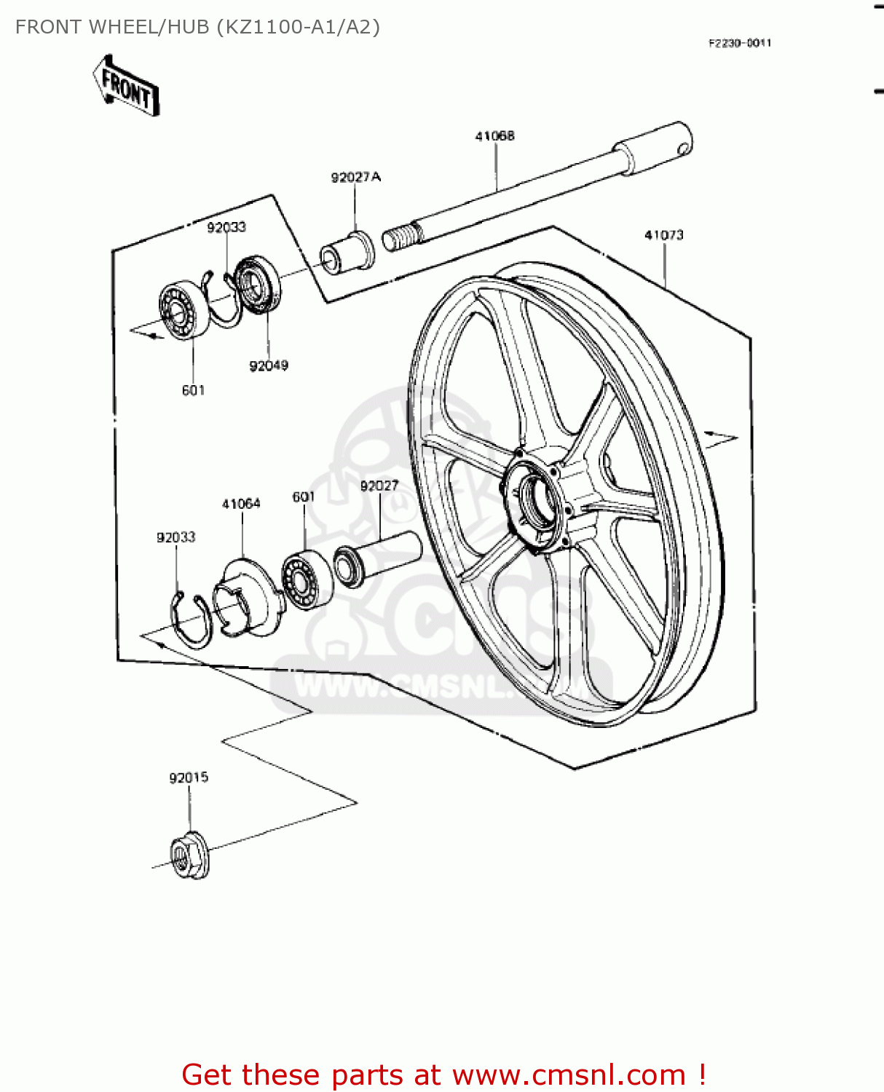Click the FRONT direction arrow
click(126, 86)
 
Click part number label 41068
click(495, 136)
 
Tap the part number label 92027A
click(355, 178)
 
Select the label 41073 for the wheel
click(664, 235)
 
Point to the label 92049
click(269, 365)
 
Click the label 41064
click(241, 504)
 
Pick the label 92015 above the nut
click(189, 778)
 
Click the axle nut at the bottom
click(189, 855)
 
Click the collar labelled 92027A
click(348, 252)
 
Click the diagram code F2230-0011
click(740, 44)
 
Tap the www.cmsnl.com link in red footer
click(569, 1075)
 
